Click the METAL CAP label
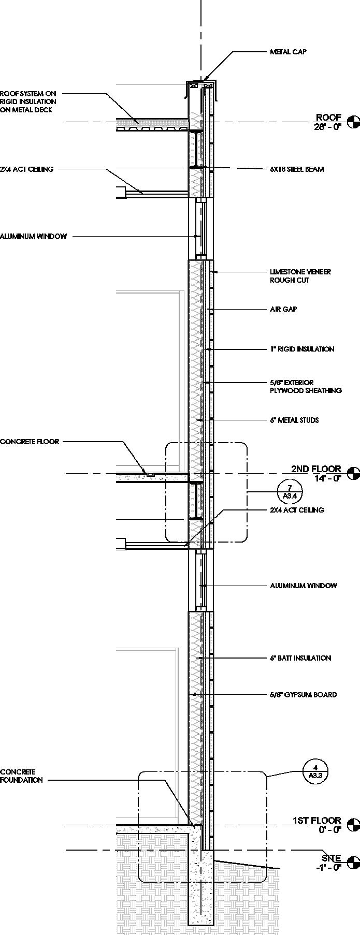point(288,52)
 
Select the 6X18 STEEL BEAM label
point(297,169)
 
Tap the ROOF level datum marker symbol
point(353,122)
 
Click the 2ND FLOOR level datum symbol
point(353,473)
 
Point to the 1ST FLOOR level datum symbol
point(353,825)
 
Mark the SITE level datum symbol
point(353,862)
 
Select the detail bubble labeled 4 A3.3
point(315,771)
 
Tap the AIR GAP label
point(283,309)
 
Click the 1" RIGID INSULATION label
point(302,349)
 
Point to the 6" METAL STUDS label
point(294,420)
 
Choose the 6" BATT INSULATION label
point(300,658)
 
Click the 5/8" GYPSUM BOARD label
point(303,694)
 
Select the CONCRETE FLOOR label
point(30,442)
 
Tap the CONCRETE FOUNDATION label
point(21,776)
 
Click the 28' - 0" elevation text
point(327,127)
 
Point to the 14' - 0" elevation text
point(327,478)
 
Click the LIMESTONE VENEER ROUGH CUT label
point(300,276)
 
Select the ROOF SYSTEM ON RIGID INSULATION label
point(28,101)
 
